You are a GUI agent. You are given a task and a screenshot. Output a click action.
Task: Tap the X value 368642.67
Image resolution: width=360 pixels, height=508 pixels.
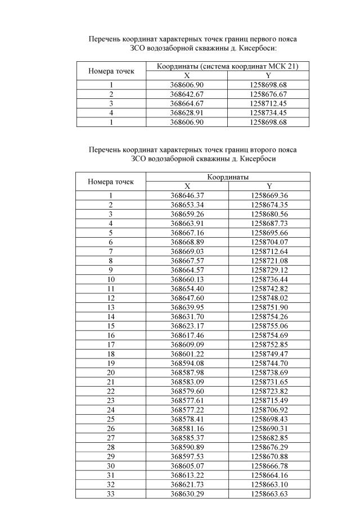point(187,94)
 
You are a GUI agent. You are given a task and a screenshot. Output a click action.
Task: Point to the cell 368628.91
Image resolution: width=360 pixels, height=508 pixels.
point(187,113)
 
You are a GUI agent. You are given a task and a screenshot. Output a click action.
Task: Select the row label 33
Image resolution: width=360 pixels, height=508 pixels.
point(111,493)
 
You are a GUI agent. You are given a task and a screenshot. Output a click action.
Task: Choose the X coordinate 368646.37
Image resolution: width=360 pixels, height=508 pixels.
point(187,196)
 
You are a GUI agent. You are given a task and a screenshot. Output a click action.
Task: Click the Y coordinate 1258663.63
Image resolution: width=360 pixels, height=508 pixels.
point(269,493)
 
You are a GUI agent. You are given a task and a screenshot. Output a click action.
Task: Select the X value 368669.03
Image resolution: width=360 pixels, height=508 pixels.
point(187,251)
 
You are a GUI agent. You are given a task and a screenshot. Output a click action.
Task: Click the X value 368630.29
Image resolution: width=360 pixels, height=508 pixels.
point(187,493)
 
